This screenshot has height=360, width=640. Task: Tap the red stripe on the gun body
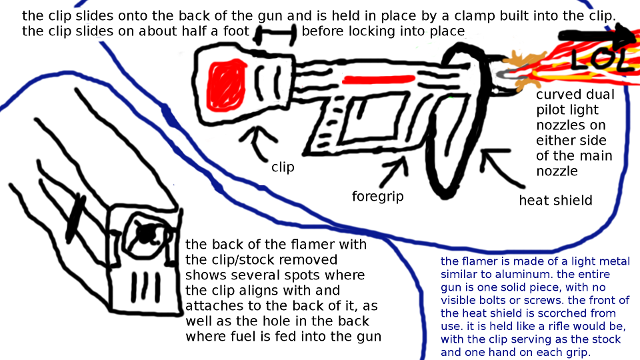[x=379, y=79]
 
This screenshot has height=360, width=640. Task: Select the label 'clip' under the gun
[x=283, y=167]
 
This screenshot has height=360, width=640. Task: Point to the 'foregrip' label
[x=378, y=196]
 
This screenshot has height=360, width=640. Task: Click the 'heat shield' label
[x=555, y=201]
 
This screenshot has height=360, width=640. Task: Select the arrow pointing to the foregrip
[x=394, y=171]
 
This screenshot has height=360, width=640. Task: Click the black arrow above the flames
[x=597, y=36]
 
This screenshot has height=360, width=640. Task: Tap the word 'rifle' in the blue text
[x=548, y=327]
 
